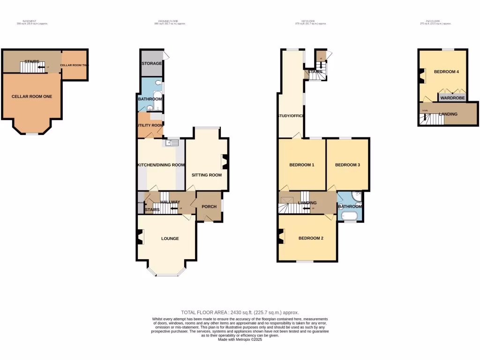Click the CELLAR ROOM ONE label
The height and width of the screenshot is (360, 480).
coord(32,96)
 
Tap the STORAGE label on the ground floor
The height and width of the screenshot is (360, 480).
coord(151,63)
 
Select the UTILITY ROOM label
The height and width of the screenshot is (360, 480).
coord(150,125)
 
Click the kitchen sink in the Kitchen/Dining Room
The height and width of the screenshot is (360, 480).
coord(172,144)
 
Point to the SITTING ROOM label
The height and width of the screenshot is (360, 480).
coord(206,175)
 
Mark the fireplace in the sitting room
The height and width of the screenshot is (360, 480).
coord(225,162)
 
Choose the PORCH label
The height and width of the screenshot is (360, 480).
coord(209,207)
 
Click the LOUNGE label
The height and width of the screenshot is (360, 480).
coord(170,239)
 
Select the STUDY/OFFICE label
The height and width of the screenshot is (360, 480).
coord(291,116)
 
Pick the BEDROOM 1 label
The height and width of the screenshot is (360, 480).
coord(301,165)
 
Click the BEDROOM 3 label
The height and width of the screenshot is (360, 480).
coord(347,165)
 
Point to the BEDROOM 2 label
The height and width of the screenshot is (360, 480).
coord(311,238)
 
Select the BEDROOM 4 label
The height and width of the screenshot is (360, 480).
coord(446,72)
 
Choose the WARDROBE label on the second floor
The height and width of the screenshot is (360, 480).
coord(452,98)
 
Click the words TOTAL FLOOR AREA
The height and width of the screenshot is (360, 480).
coord(203,312)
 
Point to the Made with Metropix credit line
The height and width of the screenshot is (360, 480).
coord(240,339)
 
